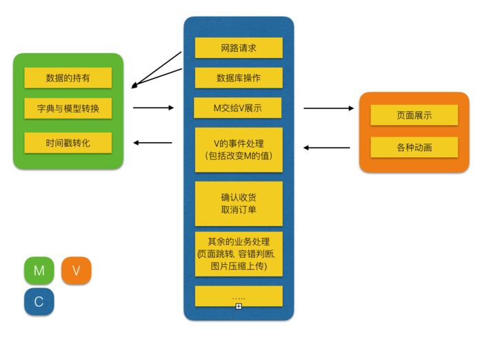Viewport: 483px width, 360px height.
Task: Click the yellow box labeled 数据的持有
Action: pyautogui.click(x=68, y=78)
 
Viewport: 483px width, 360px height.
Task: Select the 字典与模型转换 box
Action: pyautogui.click(x=68, y=108)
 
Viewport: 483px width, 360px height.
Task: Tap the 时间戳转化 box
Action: pyautogui.click(x=68, y=143)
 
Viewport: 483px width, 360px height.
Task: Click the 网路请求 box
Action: pyautogui.click(x=239, y=48)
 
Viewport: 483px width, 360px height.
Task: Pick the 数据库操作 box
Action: pyautogui.click(x=239, y=78)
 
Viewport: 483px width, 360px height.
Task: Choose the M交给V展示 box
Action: pyautogui.click(x=239, y=108)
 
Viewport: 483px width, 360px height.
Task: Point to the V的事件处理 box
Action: pyautogui.click(x=239, y=150)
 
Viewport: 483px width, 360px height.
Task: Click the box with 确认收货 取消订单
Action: pyautogui.click(x=239, y=203)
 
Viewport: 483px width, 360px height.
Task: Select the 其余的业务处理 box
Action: pyautogui.click(x=239, y=254)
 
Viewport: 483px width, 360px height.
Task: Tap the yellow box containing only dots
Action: pyautogui.click(x=239, y=295)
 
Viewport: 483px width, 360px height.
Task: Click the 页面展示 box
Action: pyautogui.click(x=414, y=115)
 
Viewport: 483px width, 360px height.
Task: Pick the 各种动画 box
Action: pyautogui.click(x=414, y=147)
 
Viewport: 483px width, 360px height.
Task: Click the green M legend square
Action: pyautogui.click(x=39, y=270)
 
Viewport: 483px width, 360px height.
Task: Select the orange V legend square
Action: pyautogui.click(x=76, y=270)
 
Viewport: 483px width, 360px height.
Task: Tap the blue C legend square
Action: pyautogui.click(x=39, y=301)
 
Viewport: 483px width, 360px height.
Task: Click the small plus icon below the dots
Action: pyautogui.click(x=239, y=306)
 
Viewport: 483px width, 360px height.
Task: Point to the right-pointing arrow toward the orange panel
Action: pyautogui.click(x=328, y=108)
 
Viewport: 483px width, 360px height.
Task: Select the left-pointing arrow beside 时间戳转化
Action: pyautogui.click(x=152, y=143)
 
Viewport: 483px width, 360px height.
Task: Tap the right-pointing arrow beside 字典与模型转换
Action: pyautogui.click(x=153, y=108)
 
